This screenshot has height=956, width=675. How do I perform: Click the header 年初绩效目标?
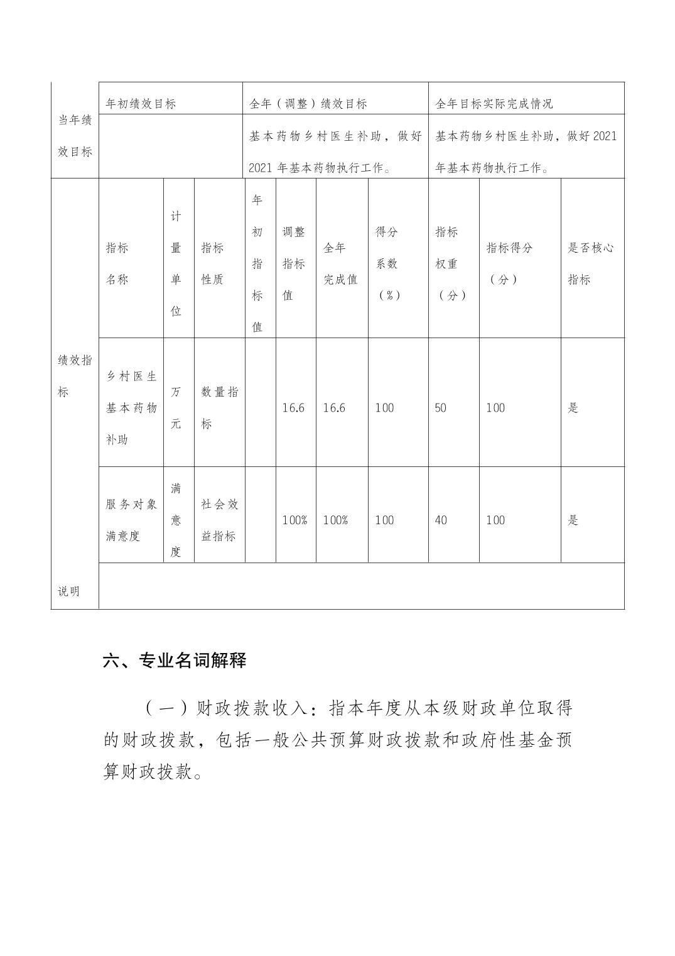[141, 104]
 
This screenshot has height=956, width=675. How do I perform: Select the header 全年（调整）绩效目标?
[308, 104]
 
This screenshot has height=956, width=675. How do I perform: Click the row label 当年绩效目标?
[75, 136]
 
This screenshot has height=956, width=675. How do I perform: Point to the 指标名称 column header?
[117, 263]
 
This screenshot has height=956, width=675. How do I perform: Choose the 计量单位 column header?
[176, 263]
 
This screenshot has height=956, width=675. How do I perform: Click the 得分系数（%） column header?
[387, 263]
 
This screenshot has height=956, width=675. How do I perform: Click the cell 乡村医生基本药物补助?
[131, 408]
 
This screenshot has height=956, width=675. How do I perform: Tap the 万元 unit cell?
[176, 408]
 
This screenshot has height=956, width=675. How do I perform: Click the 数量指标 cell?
[219, 408]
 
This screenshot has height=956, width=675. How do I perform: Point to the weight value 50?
[441, 408]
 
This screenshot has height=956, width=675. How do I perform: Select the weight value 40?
[441, 520]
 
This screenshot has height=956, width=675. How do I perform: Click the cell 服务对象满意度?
[131, 520]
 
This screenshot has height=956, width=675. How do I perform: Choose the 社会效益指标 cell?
[219, 520]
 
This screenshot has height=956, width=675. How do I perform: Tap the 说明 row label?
[69, 591]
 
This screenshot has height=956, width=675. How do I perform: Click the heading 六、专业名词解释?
[175, 661]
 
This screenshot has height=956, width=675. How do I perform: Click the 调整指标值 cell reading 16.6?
[293, 408]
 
